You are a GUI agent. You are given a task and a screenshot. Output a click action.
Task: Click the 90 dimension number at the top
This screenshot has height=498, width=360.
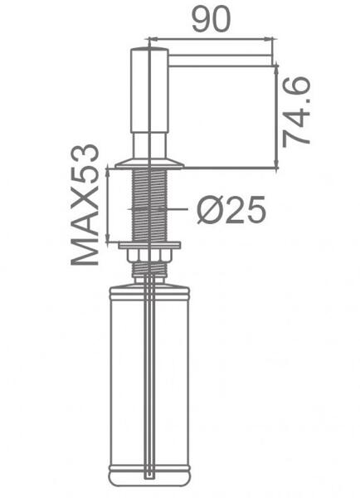pyautogui.click(x=211, y=19)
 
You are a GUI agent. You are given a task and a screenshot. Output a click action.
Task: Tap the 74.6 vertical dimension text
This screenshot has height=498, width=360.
pyautogui.click(x=296, y=113)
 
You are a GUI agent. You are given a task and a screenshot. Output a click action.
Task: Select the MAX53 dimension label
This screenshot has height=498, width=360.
pyautogui.click(x=85, y=204)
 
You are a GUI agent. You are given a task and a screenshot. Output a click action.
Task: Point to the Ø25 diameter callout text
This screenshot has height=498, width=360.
pyautogui.click(x=231, y=210)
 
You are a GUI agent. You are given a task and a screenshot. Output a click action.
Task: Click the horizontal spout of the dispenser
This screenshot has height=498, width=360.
pyautogui.click(x=220, y=61)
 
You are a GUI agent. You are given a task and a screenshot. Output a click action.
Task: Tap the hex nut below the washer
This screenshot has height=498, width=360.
pyautogui.click(x=149, y=256)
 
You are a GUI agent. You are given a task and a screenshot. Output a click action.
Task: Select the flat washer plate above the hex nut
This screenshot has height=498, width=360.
pyautogui.click(x=149, y=245)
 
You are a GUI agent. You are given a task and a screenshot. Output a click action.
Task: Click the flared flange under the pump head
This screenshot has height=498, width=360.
pyautogui.click(x=149, y=164)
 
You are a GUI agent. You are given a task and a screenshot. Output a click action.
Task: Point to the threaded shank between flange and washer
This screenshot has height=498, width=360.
pyautogui.click(x=149, y=205)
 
